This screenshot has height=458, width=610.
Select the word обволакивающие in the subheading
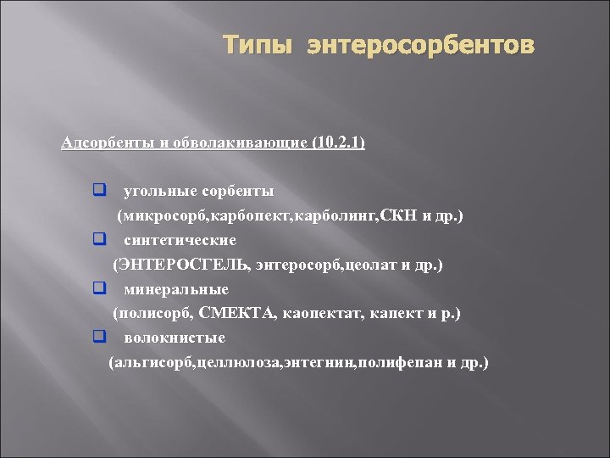(241, 142)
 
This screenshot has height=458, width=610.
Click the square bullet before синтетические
(99, 240)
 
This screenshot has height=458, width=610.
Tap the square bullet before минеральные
(99, 289)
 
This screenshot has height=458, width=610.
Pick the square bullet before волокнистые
(99, 338)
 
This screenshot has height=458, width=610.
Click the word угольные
(157, 192)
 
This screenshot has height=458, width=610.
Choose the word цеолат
(373, 265)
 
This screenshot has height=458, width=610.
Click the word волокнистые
(174, 338)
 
